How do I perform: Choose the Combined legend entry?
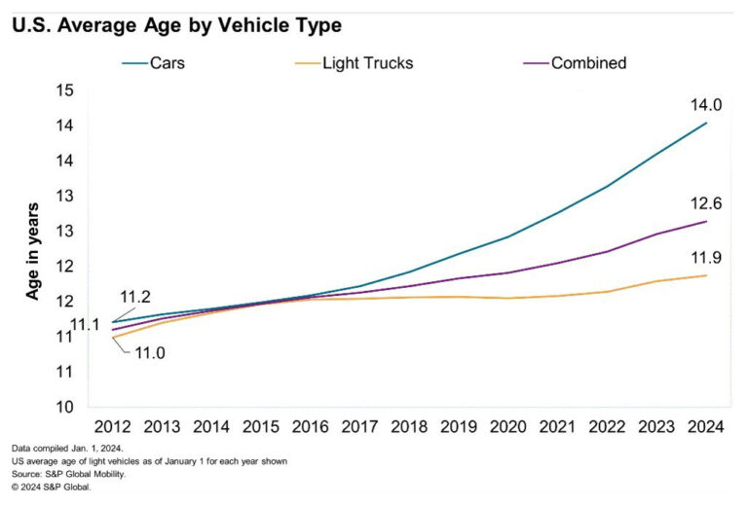click(587, 63)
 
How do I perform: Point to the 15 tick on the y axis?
click(66, 90)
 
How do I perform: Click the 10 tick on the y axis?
click(66, 407)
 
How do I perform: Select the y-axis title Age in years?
click(31, 250)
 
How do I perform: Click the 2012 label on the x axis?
click(112, 427)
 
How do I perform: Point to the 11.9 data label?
click(705, 259)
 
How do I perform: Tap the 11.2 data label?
click(135, 296)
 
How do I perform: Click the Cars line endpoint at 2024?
click(706, 124)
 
